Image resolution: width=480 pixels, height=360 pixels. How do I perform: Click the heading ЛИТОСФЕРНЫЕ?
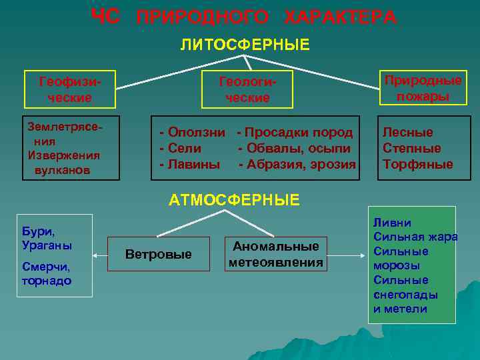point(245,45)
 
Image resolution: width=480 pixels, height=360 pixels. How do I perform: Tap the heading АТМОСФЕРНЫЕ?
point(234,199)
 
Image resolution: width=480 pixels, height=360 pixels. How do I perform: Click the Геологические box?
point(247,89)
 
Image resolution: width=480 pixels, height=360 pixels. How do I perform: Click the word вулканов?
point(61,170)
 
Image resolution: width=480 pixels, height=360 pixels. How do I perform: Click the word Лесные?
point(407,132)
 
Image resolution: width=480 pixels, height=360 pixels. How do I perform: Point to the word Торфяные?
point(417,164)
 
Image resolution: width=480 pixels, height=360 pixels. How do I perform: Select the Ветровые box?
point(159,254)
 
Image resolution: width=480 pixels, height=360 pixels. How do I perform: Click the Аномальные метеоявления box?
point(275,254)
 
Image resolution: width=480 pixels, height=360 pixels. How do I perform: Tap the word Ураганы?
point(47,245)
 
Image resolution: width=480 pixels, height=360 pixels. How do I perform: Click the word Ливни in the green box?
point(392,223)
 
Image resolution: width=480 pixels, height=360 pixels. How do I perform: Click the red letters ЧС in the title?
point(105,17)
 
